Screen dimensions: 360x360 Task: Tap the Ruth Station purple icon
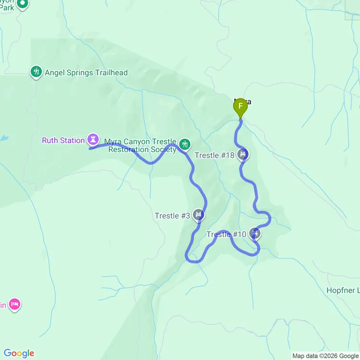click(x=93, y=140)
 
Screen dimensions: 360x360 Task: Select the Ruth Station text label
click(x=63, y=141)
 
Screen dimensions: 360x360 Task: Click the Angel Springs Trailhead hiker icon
click(x=36, y=72)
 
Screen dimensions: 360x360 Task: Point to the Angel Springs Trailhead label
click(x=86, y=73)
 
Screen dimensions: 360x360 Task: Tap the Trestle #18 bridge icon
click(x=243, y=155)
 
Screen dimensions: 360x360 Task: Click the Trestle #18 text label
click(x=215, y=155)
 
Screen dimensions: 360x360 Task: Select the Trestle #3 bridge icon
click(x=199, y=215)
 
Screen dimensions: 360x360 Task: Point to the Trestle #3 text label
click(x=172, y=216)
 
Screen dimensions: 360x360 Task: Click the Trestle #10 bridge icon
click(x=255, y=234)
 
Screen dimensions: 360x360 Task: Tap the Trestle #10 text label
click(x=226, y=234)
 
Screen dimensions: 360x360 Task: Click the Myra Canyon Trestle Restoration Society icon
click(x=184, y=144)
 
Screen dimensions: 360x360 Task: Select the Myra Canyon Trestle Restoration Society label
click(x=140, y=145)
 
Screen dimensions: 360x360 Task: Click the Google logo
click(x=19, y=353)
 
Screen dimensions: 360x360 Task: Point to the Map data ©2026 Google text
click(x=325, y=356)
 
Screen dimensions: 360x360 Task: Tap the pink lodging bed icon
click(x=15, y=304)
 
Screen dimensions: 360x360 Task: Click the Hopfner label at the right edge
click(x=343, y=290)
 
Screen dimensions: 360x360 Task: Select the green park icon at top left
click(x=22, y=4)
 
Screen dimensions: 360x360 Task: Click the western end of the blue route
click(x=90, y=149)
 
